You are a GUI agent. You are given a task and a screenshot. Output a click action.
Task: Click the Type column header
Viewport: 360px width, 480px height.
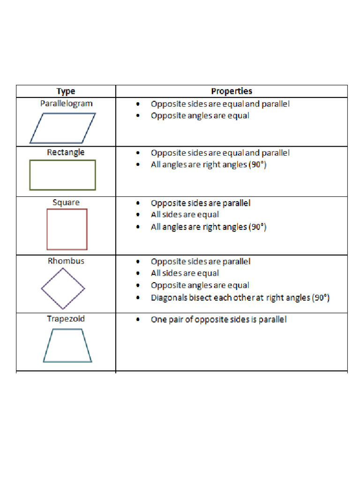point(66,91)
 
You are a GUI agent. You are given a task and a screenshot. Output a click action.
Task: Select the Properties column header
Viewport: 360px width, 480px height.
point(232,91)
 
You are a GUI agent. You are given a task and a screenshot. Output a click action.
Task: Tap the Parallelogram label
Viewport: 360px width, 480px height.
point(67,104)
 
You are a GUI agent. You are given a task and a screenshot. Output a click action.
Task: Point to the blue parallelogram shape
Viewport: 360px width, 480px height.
point(37,128)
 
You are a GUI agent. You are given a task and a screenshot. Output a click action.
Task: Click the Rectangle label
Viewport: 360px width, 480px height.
point(66,152)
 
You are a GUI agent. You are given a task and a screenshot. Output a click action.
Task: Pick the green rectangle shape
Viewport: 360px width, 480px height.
point(62,160)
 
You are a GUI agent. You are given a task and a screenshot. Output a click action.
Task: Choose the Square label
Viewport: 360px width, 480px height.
point(66,202)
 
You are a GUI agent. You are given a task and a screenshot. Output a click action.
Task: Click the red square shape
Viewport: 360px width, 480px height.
point(67,210)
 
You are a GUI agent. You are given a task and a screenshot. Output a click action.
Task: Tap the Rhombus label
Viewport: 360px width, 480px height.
point(66,261)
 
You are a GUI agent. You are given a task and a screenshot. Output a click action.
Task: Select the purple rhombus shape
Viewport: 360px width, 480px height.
point(52,278)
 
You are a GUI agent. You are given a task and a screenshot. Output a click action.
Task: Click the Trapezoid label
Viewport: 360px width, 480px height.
point(66,319)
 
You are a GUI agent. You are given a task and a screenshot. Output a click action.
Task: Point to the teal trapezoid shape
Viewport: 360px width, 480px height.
point(67,362)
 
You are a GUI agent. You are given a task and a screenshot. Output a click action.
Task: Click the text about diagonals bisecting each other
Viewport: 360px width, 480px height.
point(240,298)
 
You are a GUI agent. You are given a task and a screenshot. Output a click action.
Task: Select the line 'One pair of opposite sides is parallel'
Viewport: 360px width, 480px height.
point(219,320)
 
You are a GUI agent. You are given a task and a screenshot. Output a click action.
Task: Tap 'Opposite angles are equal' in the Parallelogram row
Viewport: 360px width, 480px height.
point(200,116)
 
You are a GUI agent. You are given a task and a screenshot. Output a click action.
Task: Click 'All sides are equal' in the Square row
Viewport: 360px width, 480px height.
point(185,215)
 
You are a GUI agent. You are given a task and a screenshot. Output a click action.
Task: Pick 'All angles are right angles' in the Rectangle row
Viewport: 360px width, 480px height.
point(209,165)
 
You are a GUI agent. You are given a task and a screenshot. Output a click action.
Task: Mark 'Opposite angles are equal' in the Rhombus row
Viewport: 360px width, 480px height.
point(200,285)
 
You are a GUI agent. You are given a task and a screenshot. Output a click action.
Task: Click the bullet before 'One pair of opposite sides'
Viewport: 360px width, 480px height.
point(138,320)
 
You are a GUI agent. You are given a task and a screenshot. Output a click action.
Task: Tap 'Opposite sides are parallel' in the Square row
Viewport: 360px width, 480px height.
point(201,203)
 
